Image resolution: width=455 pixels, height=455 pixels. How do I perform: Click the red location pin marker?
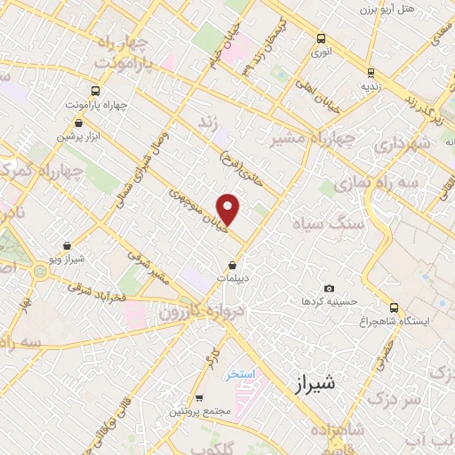pyautogui.click(x=229, y=209)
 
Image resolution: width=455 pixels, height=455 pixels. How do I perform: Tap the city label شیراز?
pyautogui.click(x=316, y=384)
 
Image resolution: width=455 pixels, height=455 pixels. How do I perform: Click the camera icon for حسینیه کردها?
pyautogui.click(x=329, y=288)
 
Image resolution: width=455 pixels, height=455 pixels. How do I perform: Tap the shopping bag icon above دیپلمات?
pyautogui.click(x=233, y=265)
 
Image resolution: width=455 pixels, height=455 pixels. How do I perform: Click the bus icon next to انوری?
pyautogui.click(x=321, y=38)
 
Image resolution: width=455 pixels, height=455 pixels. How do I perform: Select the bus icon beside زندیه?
pyautogui.click(x=371, y=73)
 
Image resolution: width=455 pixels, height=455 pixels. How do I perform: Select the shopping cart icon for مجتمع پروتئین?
pyautogui.click(x=201, y=397)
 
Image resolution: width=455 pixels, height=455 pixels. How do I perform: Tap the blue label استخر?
pyautogui.click(x=240, y=374)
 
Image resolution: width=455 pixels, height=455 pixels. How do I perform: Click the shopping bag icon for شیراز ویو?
pyautogui.click(x=68, y=245)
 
